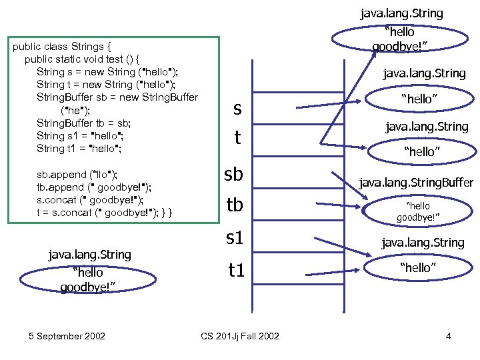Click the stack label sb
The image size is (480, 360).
[235, 174]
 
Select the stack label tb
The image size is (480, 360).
[235, 205]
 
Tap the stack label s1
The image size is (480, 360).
[235, 237]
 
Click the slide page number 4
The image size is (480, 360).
[448, 336]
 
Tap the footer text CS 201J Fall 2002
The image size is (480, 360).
[240, 336]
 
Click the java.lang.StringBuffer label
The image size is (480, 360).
[416, 182]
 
